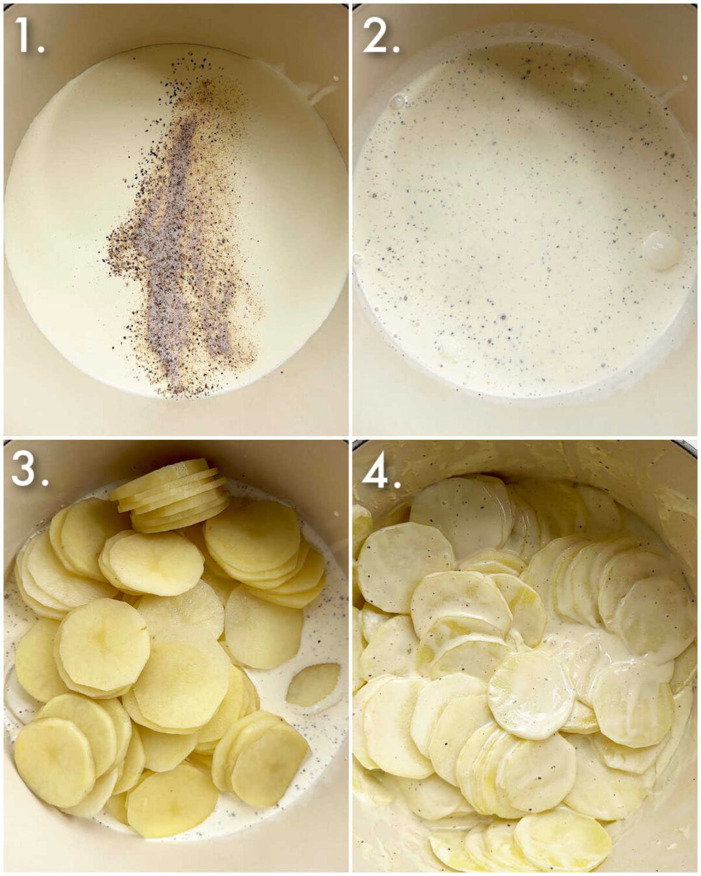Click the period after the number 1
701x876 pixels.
(41, 49)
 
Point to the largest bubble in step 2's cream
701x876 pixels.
(661, 250)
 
